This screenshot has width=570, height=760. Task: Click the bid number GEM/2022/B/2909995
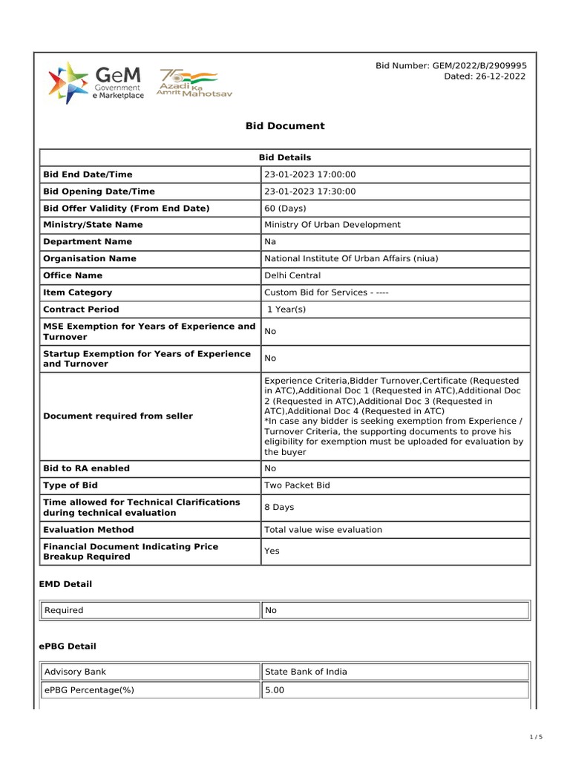451,66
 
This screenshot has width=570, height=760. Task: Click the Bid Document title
285,126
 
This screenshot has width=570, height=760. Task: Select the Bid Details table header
285,157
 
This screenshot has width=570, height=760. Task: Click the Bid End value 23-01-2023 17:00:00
310,174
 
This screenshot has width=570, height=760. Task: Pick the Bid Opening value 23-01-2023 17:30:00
310,191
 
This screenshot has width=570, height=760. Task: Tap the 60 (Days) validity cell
285,209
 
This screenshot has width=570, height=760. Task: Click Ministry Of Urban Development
332,225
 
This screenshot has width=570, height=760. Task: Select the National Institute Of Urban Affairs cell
351,259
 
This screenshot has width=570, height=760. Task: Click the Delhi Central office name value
292,276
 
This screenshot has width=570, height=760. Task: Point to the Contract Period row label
81,309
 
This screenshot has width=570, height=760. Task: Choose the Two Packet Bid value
297,485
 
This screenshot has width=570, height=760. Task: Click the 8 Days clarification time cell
279,508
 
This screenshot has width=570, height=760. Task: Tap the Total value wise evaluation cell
323,530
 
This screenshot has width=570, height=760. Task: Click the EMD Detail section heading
65,585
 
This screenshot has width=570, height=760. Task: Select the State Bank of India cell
306,672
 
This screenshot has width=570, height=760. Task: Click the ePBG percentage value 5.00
275,690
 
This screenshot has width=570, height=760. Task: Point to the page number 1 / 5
536,737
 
